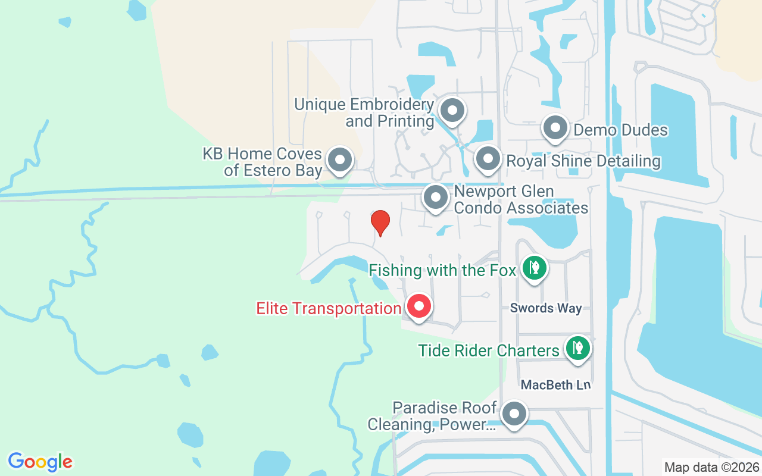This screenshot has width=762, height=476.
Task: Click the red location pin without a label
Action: [380, 223]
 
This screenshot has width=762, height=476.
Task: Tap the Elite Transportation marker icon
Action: [419, 307]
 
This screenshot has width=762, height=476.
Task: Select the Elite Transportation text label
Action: [329, 309]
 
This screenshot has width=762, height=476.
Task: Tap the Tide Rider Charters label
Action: [489, 350]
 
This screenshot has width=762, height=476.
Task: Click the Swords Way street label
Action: [546, 308]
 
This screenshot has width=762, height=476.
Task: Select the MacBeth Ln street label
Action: [555, 385]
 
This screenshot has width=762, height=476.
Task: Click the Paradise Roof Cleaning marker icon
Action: [514, 414]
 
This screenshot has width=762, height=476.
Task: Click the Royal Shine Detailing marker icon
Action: [488, 159]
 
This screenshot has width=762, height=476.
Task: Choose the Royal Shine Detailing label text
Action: [583, 161]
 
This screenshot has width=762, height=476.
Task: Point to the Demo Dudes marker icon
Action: [555, 128]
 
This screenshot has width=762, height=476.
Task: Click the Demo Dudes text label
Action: [620, 130]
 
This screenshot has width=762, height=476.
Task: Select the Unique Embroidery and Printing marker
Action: [452, 110]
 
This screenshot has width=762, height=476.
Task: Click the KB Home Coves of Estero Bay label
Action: [263, 162]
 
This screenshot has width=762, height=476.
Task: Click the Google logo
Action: [40, 462]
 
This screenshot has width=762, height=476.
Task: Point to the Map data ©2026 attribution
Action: [712, 467]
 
